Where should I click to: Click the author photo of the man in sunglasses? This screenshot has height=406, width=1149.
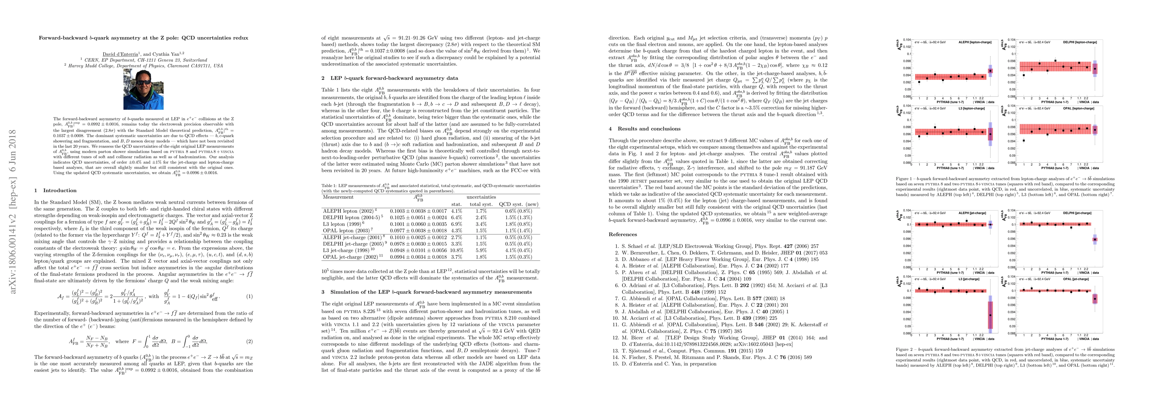tap(143, 89)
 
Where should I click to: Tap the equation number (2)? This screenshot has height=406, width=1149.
tap(250, 341)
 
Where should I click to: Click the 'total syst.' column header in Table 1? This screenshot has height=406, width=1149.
tap(481, 204)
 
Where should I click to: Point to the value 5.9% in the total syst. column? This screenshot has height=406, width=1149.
tap(481, 250)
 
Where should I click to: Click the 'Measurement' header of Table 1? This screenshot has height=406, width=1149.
tap(338, 197)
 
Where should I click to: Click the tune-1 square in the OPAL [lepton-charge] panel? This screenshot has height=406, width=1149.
tap(1024, 141)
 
